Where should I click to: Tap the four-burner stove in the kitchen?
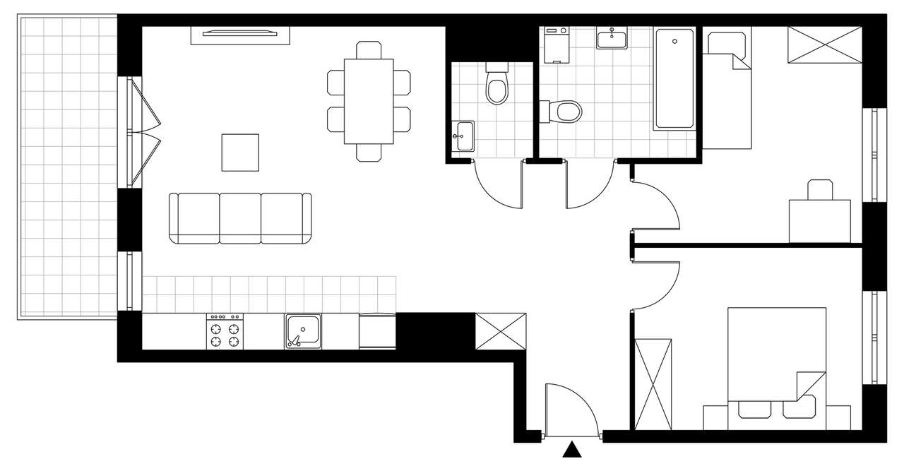(225, 332)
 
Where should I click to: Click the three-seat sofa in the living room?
(240, 218)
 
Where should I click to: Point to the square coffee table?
(240, 153)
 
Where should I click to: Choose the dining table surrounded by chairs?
(369, 101)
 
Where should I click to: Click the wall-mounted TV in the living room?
(240, 33)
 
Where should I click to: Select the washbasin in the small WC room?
(464, 136)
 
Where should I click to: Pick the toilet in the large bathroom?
(563, 111)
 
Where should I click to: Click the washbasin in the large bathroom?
(612, 38)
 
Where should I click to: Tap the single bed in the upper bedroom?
(726, 92)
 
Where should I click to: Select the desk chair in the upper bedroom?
(820, 190)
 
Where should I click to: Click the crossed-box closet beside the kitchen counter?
(500, 331)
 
